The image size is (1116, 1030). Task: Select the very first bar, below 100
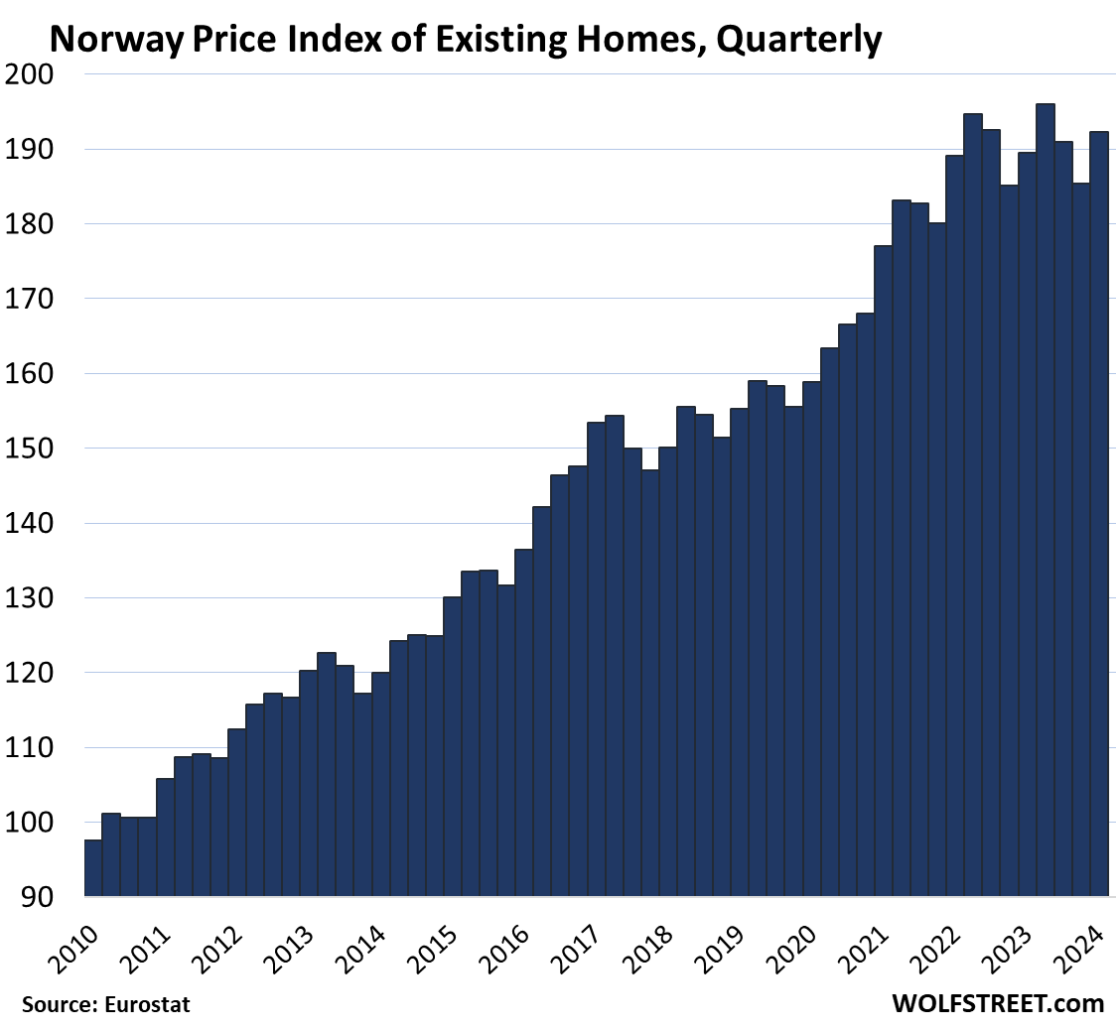92,869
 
